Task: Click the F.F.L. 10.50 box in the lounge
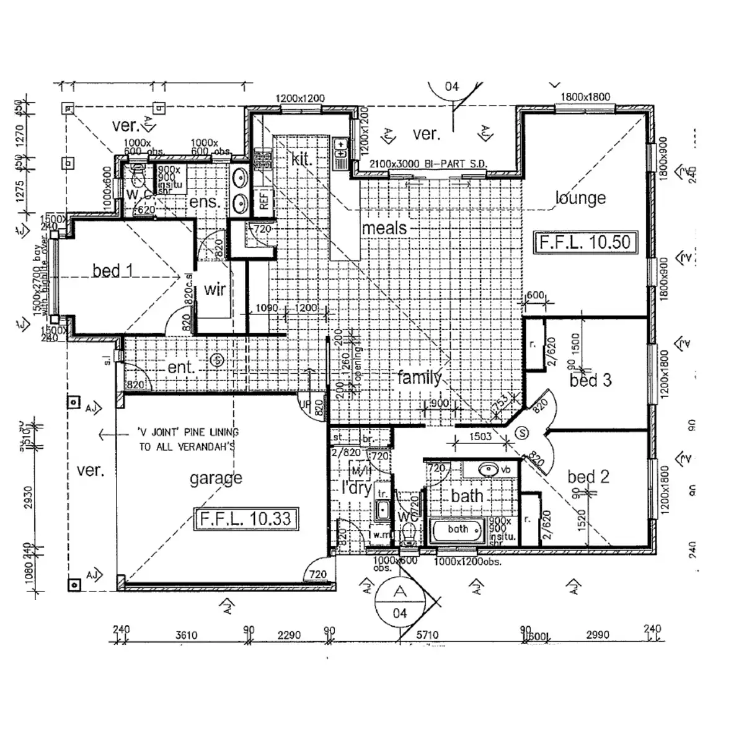(585, 242)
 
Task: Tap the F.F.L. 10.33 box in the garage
(246, 518)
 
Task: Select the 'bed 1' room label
(112, 270)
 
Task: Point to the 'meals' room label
(384, 228)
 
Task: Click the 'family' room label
(420, 377)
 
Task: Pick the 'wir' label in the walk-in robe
(215, 289)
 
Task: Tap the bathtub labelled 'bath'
(457, 530)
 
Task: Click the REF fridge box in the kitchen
(264, 200)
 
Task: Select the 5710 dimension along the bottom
(427, 635)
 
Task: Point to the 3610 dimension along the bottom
(186, 635)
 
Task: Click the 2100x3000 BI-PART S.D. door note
(428, 164)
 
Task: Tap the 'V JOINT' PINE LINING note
(188, 439)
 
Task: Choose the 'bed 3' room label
(590, 380)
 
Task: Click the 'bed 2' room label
(588, 477)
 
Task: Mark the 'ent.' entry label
(181, 368)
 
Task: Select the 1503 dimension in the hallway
(480, 436)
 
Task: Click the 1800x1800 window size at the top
(585, 97)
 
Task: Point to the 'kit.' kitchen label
(301, 159)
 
